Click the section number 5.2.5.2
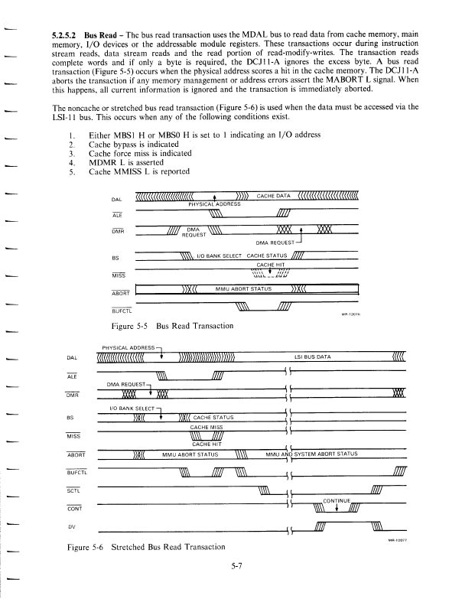pyautogui.click(x=63, y=36)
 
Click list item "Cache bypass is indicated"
pyautogui.click(x=134, y=144)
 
